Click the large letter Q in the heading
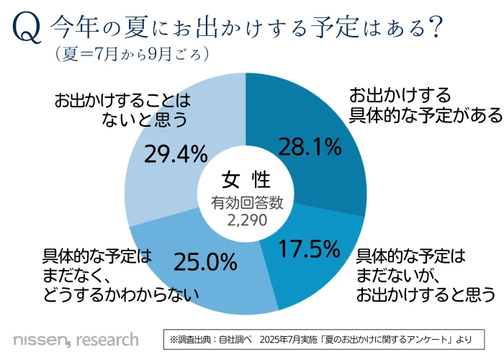click(25, 30)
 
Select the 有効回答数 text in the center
click(246, 203)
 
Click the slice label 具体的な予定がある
click(416, 115)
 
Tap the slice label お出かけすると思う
click(426, 294)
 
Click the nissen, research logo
click(76, 338)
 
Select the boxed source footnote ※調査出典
click(328, 338)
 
